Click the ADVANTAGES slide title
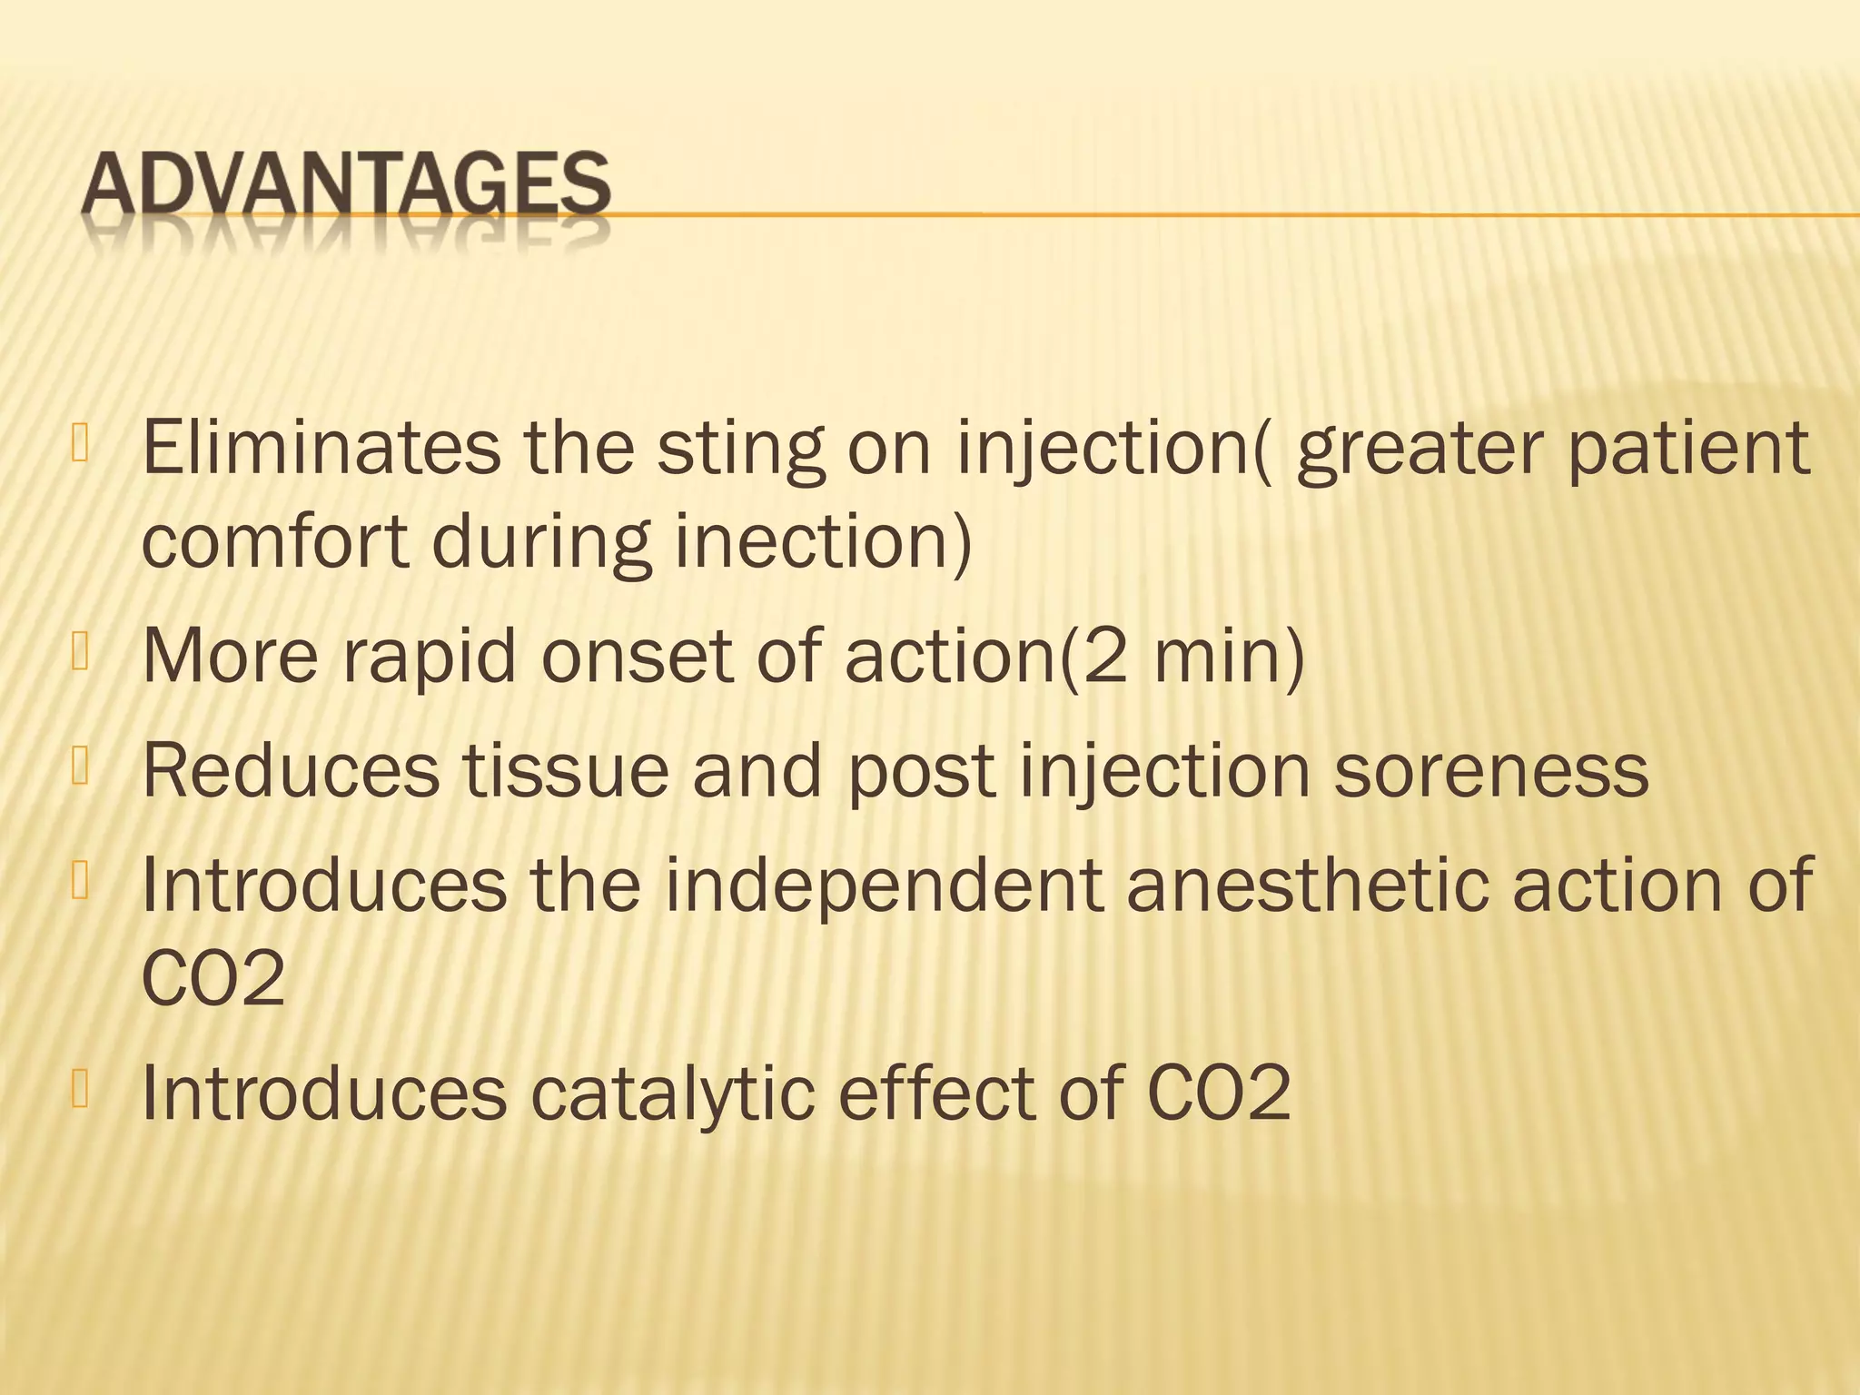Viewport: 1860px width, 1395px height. (346, 185)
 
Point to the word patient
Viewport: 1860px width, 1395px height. (1689, 450)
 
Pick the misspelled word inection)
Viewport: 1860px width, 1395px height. (823, 542)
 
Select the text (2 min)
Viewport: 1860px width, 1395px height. (1182, 656)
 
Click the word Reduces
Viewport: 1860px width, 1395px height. (290, 770)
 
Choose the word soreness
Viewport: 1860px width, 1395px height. (1490, 770)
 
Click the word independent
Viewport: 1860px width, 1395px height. (885, 886)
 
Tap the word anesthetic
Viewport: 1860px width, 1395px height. (1308, 885)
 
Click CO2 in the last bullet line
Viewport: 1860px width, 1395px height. (1218, 1093)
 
